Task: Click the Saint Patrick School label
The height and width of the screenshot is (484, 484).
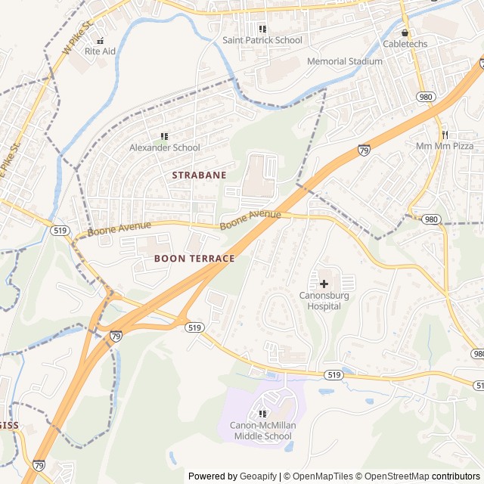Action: coord(262,40)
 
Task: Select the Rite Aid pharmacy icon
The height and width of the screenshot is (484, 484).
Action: coord(100,39)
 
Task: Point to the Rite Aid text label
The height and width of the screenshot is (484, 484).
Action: coord(100,51)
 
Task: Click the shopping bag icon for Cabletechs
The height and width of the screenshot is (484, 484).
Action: coord(405,33)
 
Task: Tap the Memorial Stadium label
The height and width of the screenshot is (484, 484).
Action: coord(345,61)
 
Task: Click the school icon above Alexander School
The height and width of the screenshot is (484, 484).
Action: coord(164,136)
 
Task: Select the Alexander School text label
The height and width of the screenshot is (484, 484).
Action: coord(165,148)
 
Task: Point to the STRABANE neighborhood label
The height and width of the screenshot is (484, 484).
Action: coord(199,175)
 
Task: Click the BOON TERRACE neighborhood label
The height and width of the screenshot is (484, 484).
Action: coord(194,259)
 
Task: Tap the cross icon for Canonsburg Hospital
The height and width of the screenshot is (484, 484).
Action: coord(324,284)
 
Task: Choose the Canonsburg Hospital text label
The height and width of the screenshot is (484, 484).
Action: coord(324,301)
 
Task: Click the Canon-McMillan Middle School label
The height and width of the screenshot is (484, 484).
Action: coord(262,431)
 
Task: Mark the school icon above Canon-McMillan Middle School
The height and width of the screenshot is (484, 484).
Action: coord(262,414)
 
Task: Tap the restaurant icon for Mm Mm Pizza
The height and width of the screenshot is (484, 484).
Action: coord(445,134)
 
